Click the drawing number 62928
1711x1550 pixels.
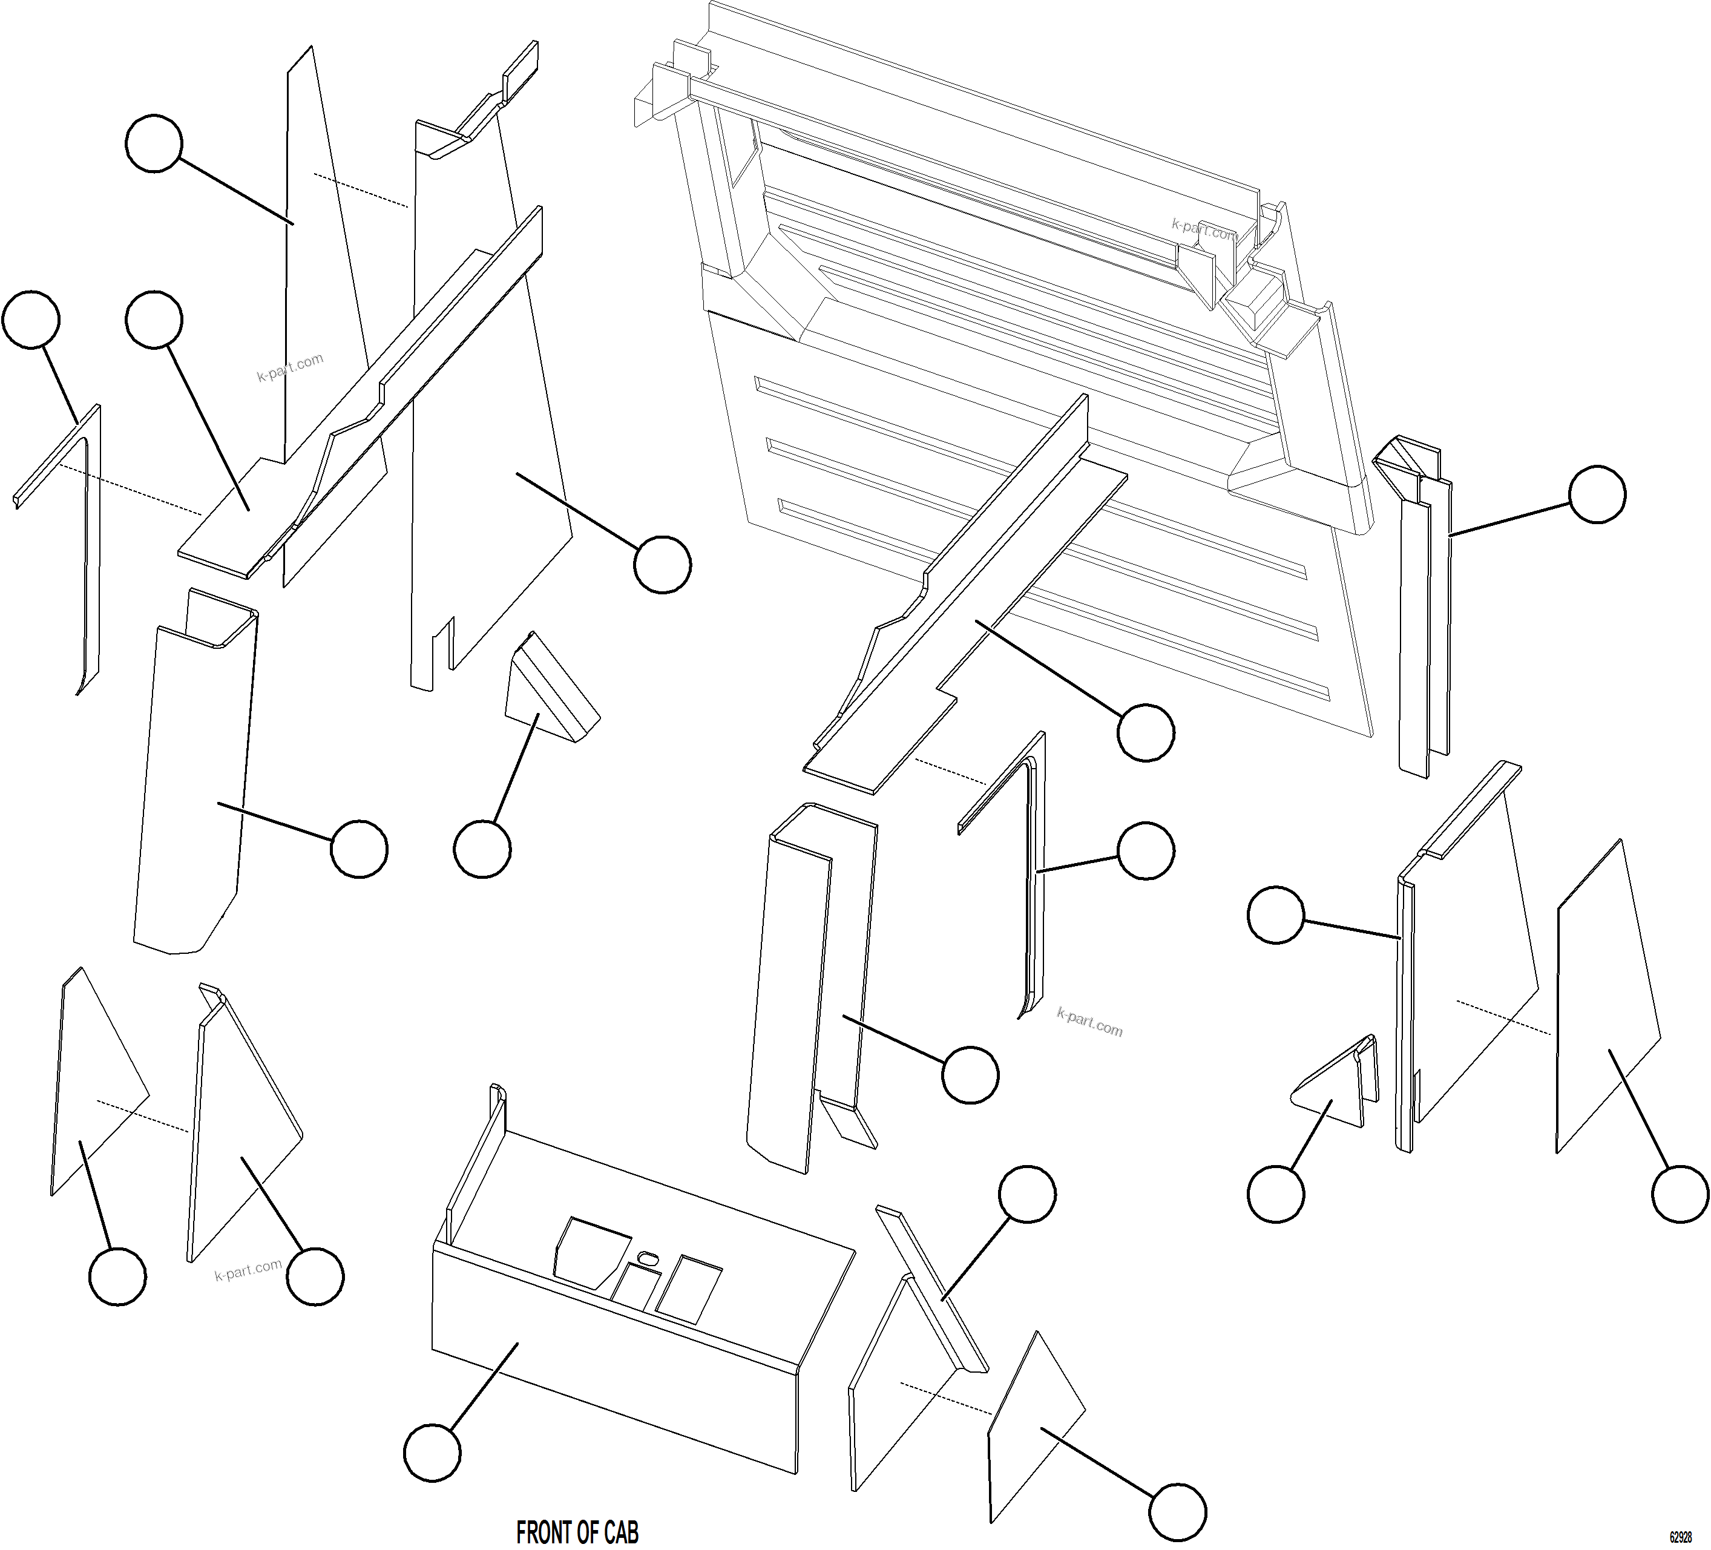[x=1681, y=1538]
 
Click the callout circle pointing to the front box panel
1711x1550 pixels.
[x=432, y=1453]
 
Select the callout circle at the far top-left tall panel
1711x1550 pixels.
[x=154, y=144]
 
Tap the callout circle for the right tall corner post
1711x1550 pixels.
[x=1597, y=494]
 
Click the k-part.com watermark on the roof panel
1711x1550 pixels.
[x=1203, y=229]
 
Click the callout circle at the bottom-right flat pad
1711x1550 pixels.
[x=1177, y=1512]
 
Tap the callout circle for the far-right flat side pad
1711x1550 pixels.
[x=1680, y=1194]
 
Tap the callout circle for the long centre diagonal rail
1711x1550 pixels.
[x=1146, y=732]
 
